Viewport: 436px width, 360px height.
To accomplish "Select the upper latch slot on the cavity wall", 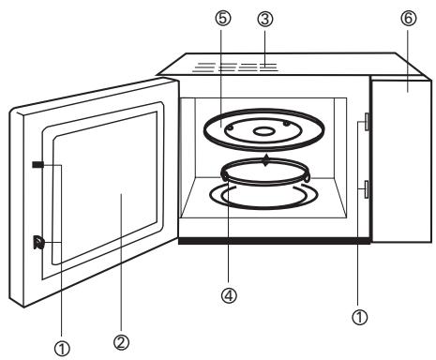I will point(365,125).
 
